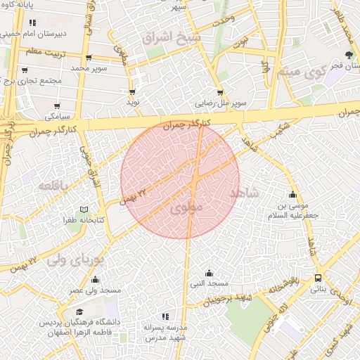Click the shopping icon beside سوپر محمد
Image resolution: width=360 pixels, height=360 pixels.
click(89, 58)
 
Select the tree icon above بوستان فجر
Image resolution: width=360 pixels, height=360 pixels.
click(349, 55)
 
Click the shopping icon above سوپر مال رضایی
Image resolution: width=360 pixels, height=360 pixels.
click(220, 92)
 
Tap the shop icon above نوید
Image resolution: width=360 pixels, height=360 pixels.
click(131, 92)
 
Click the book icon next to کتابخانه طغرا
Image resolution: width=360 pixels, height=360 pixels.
click(84, 210)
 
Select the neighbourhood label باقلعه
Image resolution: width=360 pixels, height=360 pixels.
click(53, 186)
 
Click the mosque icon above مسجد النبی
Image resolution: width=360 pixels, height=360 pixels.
click(209, 273)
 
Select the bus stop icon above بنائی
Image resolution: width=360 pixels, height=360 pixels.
click(319, 278)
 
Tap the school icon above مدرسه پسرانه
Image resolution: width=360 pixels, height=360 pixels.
click(165, 317)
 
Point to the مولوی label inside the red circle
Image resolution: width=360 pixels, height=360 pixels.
click(186, 207)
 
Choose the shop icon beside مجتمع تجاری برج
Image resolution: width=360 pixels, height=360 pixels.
click(25, 70)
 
